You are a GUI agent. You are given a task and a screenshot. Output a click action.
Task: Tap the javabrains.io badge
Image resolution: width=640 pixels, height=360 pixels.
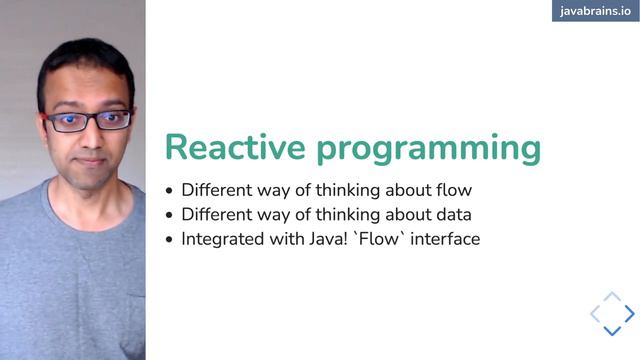(595, 11)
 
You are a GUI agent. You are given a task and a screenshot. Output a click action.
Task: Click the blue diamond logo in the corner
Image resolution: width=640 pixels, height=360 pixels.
(612, 314)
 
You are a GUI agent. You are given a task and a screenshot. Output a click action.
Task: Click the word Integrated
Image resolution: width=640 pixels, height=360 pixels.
(221, 239)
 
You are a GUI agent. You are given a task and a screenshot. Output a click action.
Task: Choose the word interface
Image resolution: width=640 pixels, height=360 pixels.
(445, 239)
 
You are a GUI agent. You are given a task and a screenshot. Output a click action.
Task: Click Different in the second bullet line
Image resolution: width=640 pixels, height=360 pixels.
(216, 214)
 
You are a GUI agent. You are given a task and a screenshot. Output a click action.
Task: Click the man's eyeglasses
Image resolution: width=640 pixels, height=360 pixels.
(87, 121)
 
